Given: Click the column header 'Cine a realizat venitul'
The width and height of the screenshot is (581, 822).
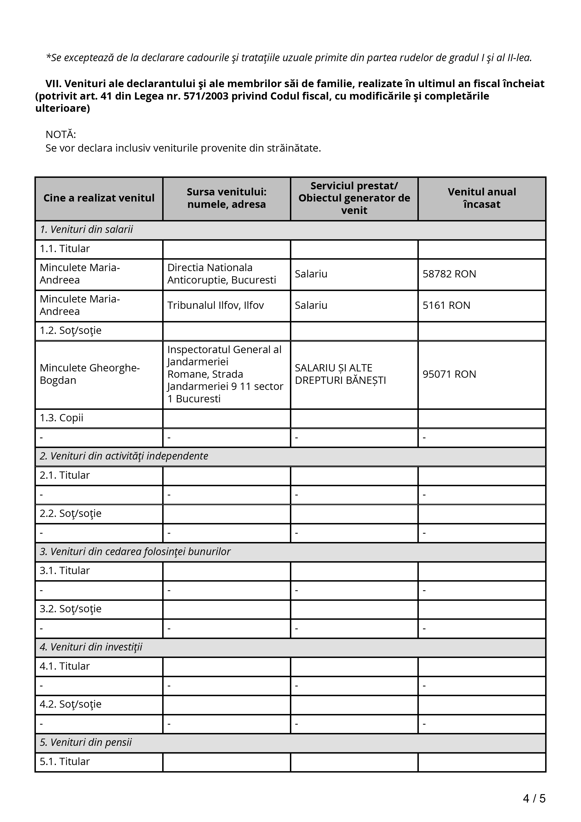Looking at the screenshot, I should pyautogui.click(x=99, y=198).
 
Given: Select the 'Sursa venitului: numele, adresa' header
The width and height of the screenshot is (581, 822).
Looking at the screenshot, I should pyautogui.click(x=227, y=198).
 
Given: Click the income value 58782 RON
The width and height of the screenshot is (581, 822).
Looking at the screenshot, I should pyautogui.click(x=449, y=274).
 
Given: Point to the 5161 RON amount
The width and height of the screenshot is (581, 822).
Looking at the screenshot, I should pyautogui.click(x=446, y=305).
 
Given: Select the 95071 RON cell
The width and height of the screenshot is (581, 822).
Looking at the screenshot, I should pyautogui.click(x=449, y=374).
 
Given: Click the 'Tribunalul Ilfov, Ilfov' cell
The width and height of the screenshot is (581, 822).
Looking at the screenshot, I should pyautogui.click(x=216, y=305).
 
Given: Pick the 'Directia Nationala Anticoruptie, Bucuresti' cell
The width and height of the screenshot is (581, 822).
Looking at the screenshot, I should pyautogui.click(x=221, y=274).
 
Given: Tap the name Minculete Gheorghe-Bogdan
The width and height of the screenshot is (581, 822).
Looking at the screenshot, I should pyautogui.click(x=90, y=374).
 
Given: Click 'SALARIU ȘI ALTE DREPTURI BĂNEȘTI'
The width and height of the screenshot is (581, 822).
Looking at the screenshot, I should pyautogui.click(x=340, y=374).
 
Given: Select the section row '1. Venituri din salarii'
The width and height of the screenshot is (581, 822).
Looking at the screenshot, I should pyautogui.click(x=86, y=229).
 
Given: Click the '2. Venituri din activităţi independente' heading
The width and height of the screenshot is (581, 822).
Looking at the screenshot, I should pyautogui.click(x=124, y=456).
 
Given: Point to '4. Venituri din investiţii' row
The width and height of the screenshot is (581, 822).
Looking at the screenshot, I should pyautogui.click(x=91, y=647).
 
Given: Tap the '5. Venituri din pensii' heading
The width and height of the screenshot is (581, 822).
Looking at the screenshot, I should pyautogui.click(x=86, y=743).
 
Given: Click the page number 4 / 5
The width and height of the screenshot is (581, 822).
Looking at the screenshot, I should pyautogui.click(x=534, y=798).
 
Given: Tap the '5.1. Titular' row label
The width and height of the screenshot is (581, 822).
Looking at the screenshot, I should pyautogui.click(x=65, y=762).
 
